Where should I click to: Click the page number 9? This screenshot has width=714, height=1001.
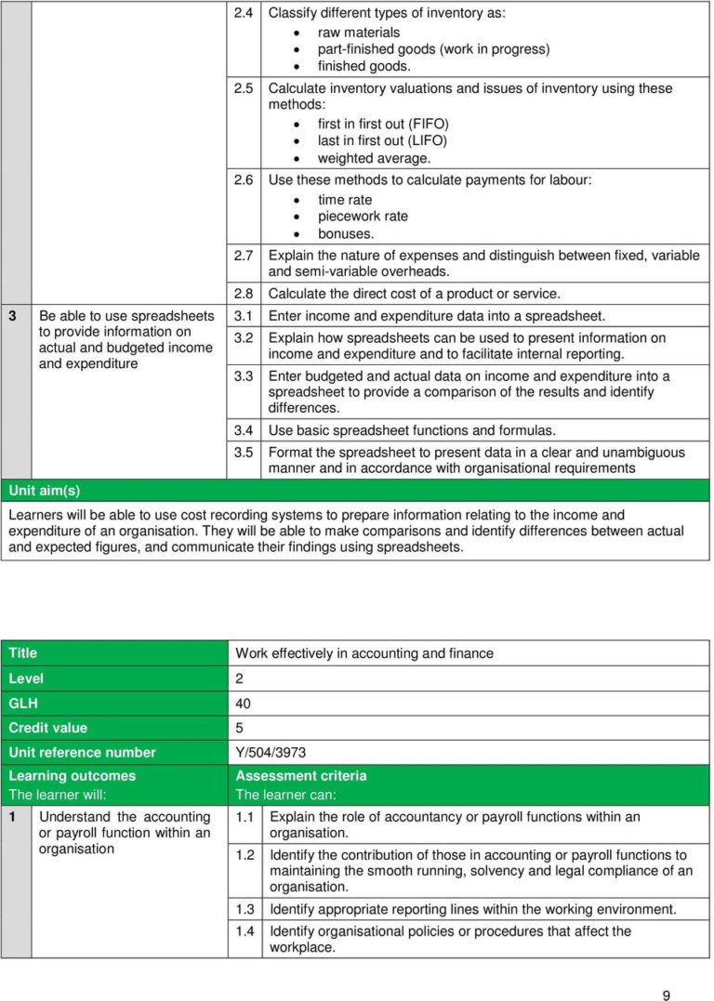pyautogui.click(x=666, y=970)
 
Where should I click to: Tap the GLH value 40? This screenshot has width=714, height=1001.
pyautogui.click(x=243, y=704)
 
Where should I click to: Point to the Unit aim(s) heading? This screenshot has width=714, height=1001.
pyautogui.click(x=45, y=490)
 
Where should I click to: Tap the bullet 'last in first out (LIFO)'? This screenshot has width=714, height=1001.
pyautogui.click(x=382, y=140)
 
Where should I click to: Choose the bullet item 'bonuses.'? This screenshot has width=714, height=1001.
pyautogui.click(x=346, y=233)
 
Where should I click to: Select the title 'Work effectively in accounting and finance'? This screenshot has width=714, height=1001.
pyautogui.click(x=364, y=653)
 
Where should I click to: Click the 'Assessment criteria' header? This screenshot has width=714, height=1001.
pyautogui.click(x=300, y=775)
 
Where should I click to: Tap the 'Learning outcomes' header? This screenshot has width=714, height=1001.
pyautogui.click(x=72, y=775)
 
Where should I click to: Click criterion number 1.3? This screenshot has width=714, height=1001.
pyautogui.click(x=245, y=909)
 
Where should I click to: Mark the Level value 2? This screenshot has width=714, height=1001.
pyautogui.click(x=239, y=678)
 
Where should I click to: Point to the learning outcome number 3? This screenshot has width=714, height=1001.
pyautogui.click(x=12, y=315)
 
